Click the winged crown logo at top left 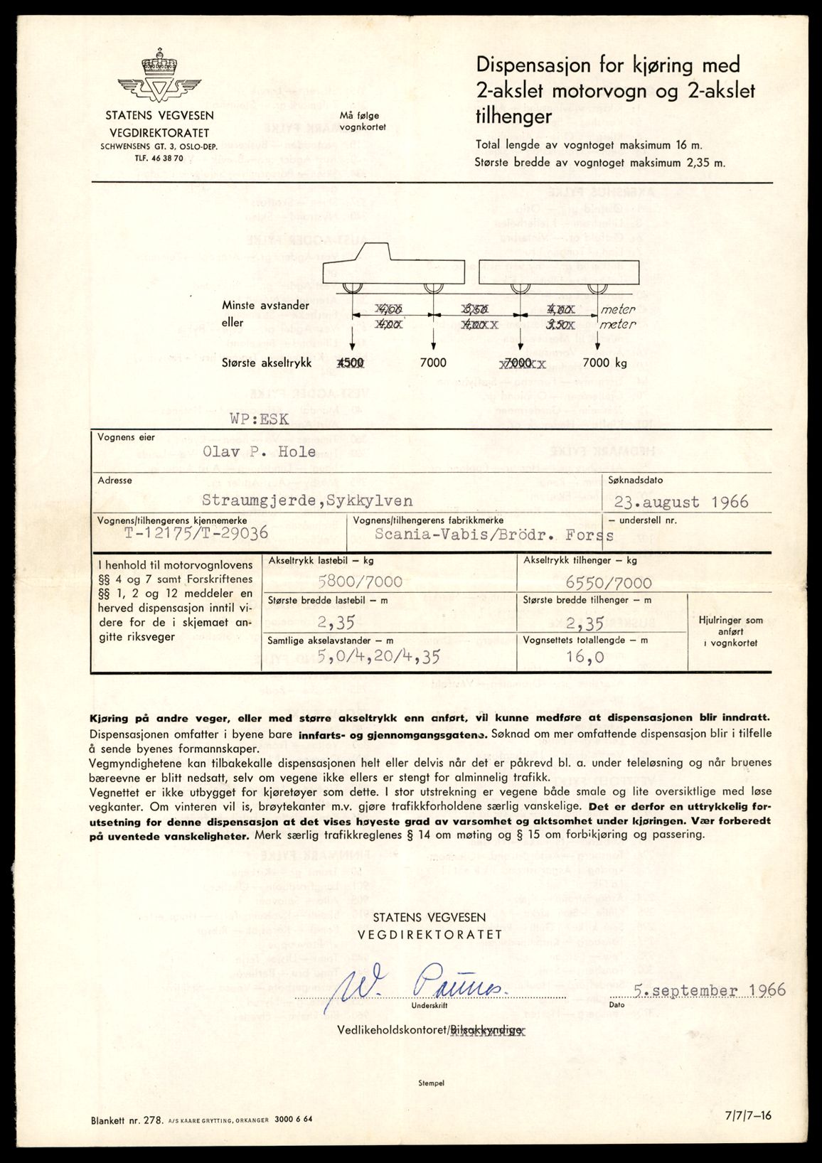click(159, 78)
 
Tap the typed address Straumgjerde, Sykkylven click(307, 501)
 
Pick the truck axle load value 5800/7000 click(361, 582)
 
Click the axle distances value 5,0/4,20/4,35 click(378, 656)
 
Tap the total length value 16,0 click(585, 657)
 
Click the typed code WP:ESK click(259, 419)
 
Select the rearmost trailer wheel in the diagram click(597, 286)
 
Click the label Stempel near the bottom click(432, 1083)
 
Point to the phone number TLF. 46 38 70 click(159, 158)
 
